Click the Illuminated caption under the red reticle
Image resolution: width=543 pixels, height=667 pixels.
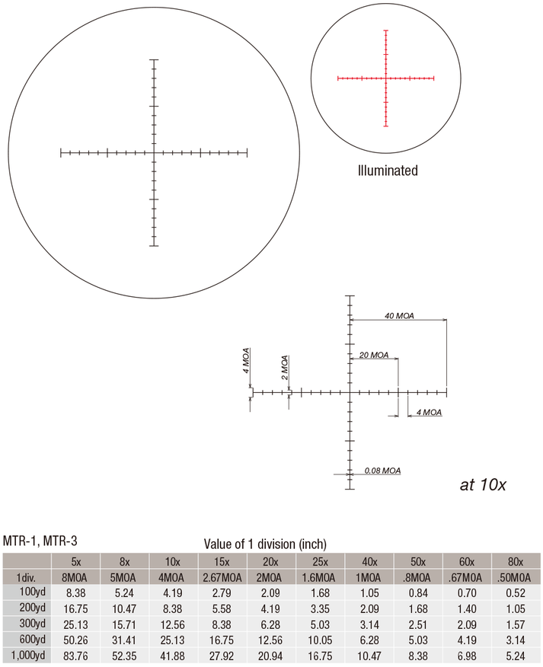click(388, 171)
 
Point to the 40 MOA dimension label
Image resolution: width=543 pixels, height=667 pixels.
click(399, 316)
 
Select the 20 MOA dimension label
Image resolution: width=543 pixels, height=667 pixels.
click(374, 355)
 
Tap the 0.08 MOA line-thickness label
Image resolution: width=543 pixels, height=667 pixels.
click(382, 471)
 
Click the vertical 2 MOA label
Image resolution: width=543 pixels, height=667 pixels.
click(285, 368)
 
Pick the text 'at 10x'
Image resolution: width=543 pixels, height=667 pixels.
click(483, 484)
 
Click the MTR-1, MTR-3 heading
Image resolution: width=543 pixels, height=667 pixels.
click(40, 541)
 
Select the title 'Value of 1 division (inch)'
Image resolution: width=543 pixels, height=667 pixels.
click(265, 544)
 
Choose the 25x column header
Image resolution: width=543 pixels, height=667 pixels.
click(320, 562)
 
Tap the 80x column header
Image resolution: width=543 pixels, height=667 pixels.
click(516, 562)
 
